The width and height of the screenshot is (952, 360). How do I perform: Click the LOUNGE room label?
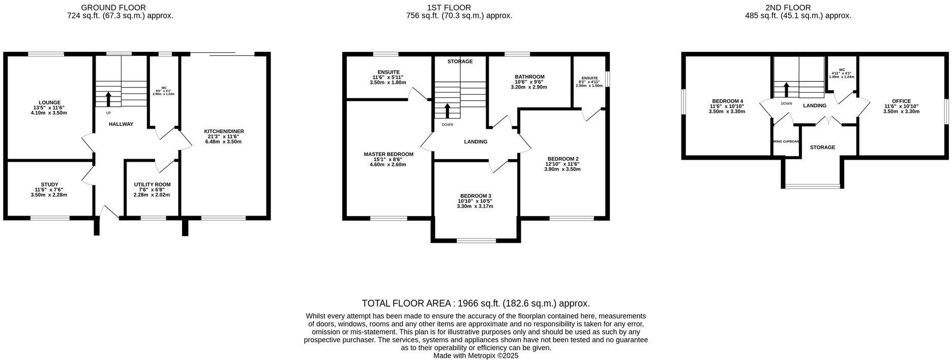pos(49,102)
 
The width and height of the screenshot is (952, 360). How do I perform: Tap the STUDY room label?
pos(49,185)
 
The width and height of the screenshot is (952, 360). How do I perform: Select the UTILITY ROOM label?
pos(152,185)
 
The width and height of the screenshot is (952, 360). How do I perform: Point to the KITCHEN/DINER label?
pos(224,131)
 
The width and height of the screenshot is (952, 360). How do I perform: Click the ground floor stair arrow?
pos(108,98)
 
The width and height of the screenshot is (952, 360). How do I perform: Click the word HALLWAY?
pos(121,124)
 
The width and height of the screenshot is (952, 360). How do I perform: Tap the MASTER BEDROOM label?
pos(388,154)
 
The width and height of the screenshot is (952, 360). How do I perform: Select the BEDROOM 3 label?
pos(475,196)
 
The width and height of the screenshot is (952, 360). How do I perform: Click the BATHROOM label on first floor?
pos(529,77)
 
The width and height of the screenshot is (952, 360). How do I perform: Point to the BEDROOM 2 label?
pos(562,159)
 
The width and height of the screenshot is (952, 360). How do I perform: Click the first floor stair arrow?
pos(448,110)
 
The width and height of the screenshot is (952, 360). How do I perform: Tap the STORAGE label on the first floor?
pos(460,62)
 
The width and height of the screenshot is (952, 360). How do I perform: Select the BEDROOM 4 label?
pos(727,101)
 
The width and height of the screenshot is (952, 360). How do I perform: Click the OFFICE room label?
pos(901,101)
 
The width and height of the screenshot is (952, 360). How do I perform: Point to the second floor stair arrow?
pos(786,89)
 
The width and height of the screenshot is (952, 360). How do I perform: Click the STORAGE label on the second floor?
pos(822,147)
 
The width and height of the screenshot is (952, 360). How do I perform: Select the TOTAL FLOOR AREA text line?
pos(475,304)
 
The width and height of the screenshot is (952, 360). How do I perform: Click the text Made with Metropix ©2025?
pos(475,356)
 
